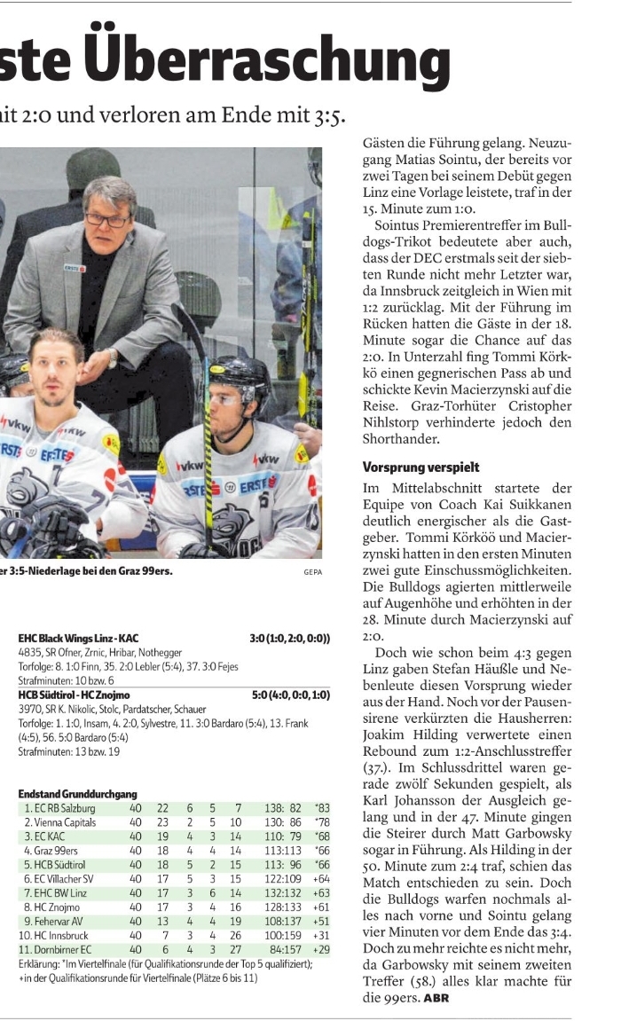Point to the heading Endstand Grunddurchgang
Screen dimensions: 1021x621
(77, 794)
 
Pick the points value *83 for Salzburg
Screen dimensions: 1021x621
(321, 808)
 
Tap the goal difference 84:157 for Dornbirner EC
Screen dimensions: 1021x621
(282, 950)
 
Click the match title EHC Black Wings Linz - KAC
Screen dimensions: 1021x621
(78, 638)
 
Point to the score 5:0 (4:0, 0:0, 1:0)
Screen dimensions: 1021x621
(291, 696)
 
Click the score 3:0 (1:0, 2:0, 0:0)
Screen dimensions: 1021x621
(290, 638)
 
